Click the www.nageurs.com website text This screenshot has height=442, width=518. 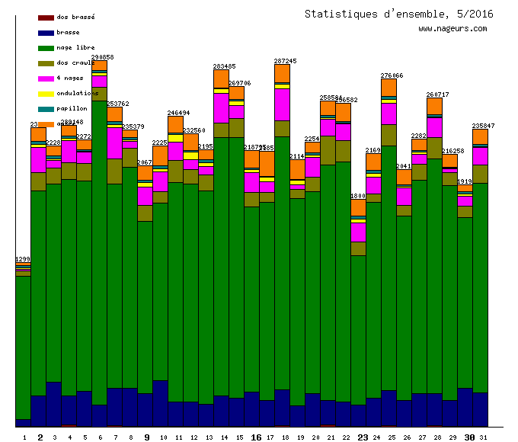click(452, 29)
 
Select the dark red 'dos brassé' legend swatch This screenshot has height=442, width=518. click(46, 17)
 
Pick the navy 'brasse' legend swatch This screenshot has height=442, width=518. click(46, 33)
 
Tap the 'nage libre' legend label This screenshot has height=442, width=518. click(75, 47)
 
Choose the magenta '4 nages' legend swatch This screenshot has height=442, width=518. click(46, 78)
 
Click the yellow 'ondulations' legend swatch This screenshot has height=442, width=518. click(46, 94)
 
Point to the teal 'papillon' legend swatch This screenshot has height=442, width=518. click(46, 109)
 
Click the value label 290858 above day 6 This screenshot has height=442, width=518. click(102, 57)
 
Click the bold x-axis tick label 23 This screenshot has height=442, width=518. click(363, 437)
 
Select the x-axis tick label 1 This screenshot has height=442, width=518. click(24, 437)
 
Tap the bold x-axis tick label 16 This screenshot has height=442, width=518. click(256, 437)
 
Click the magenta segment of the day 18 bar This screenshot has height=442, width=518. click(282, 104)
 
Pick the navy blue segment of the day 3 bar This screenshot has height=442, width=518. click(53, 403)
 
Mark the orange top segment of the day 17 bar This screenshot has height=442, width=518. click(267, 163)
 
